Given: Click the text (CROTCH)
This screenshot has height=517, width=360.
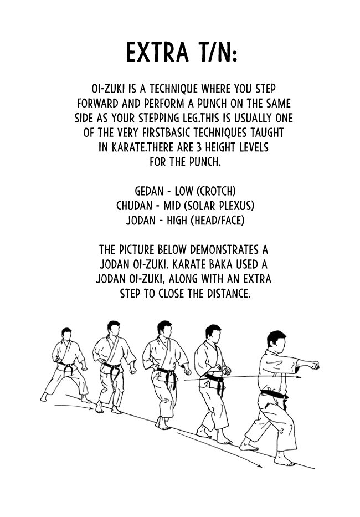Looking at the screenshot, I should click(217, 191).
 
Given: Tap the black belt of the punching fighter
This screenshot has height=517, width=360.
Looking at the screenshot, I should click(274, 396).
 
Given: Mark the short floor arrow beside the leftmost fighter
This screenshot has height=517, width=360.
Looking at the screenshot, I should click(75, 408).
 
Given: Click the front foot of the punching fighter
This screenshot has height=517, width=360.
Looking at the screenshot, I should click(284, 459).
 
